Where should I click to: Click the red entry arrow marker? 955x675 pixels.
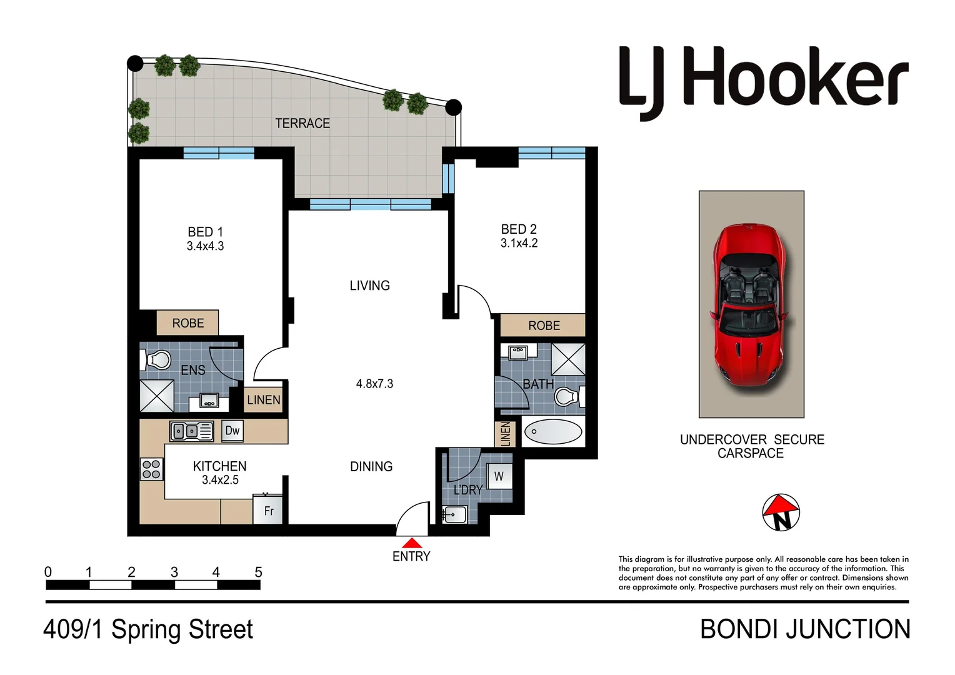click(x=411, y=542)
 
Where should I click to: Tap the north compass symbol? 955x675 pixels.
click(x=781, y=512)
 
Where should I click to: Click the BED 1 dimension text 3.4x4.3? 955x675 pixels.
click(x=205, y=246)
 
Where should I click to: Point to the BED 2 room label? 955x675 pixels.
click(x=519, y=229)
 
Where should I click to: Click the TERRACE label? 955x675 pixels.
click(x=302, y=124)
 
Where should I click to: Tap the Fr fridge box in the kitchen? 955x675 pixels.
click(x=268, y=511)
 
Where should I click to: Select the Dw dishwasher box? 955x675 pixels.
click(x=232, y=430)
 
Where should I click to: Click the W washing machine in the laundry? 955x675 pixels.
click(x=499, y=476)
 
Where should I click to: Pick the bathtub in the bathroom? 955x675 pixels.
click(x=552, y=432)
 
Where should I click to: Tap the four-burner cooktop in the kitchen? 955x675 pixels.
click(x=152, y=469)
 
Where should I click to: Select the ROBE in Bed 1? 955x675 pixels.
click(x=187, y=323)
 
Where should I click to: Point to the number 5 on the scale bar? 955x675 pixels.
click(x=258, y=572)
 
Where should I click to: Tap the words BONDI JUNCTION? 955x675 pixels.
click(x=805, y=629)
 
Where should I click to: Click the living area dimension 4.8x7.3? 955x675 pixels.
click(x=374, y=384)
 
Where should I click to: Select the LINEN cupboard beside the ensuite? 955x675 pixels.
click(x=263, y=400)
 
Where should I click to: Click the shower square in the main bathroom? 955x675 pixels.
click(x=568, y=359)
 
